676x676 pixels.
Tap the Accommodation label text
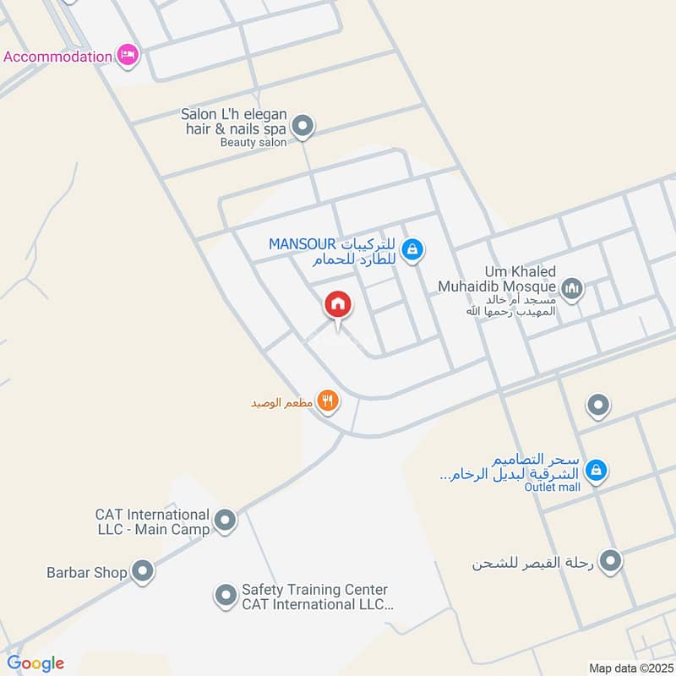point(57,57)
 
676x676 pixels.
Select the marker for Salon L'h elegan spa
point(303,128)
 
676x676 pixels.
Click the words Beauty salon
point(253,143)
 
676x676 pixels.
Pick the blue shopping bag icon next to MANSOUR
point(413,249)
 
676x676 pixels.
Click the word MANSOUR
point(303,244)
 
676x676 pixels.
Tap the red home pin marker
point(338,304)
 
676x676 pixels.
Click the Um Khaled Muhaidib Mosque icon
point(572,290)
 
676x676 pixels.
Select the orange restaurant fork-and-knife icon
point(328,401)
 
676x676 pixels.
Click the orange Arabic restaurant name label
point(281,403)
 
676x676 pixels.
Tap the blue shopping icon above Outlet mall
point(597,469)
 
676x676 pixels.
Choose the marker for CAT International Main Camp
point(225,521)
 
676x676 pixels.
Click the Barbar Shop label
point(86,572)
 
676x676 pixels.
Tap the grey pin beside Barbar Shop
point(143,572)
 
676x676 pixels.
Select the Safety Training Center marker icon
point(225,597)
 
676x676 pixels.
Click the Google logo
point(35,663)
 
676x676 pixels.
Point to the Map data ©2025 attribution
point(630,668)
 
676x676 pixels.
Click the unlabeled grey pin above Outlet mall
point(598,406)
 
